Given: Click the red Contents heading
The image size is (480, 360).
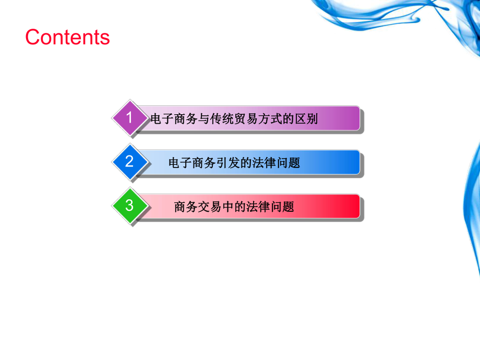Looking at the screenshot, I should coord(67,38).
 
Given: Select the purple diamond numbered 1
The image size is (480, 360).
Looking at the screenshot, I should coord(129,118).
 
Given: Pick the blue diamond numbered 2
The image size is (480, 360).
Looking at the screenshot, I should coord(129,162).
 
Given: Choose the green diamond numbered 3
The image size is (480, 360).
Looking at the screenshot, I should coord(129,206).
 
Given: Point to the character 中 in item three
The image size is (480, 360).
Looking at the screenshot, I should coord(231,207).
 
